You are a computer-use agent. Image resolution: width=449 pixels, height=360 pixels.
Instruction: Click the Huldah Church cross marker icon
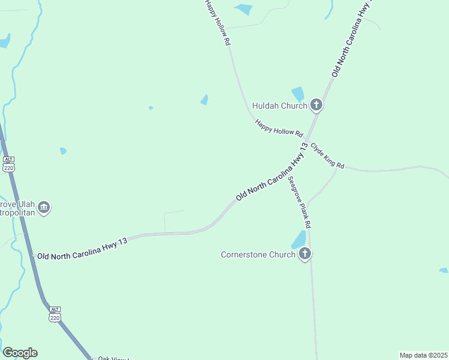[x=316, y=106]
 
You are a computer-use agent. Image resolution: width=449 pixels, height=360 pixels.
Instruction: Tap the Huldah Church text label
[x=280, y=106]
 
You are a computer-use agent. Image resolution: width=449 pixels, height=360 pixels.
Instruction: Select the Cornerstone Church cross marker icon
[x=305, y=254]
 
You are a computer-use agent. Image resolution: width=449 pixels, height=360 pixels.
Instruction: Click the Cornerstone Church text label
[x=258, y=254]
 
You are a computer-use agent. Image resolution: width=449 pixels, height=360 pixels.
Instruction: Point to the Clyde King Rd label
[x=327, y=155]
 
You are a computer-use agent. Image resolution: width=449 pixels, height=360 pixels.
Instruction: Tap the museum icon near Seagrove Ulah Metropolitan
[x=44, y=208]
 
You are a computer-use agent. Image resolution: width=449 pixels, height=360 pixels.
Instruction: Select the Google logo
[x=20, y=353]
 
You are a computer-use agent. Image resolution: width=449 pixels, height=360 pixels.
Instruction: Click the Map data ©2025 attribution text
[x=423, y=355]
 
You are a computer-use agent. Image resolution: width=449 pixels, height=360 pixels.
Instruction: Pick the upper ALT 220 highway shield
[x=8, y=164]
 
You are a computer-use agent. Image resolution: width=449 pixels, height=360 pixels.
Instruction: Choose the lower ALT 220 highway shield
[x=55, y=314]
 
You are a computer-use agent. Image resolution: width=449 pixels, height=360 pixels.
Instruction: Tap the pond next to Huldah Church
[x=298, y=94]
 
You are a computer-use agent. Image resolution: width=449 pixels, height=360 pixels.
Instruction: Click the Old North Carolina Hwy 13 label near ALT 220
[x=83, y=248]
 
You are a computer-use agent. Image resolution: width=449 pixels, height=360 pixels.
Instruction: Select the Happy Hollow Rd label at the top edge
[x=217, y=23]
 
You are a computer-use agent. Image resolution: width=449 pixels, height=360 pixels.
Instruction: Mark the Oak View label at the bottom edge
[x=114, y=358]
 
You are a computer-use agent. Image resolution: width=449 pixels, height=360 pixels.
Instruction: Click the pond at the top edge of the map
[x=244, y=9]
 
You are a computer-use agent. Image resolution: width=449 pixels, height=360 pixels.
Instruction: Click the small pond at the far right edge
[x=444, y=271]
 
